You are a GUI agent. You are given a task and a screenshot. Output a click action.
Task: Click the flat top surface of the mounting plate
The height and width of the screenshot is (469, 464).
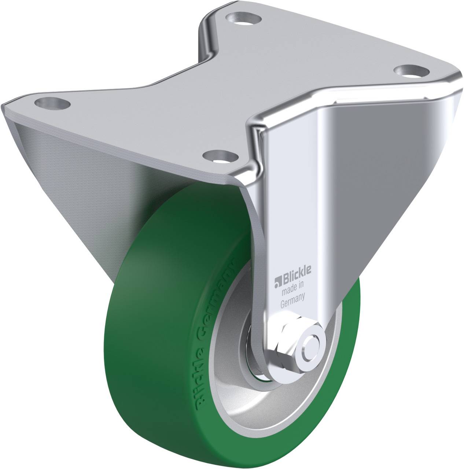220,88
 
